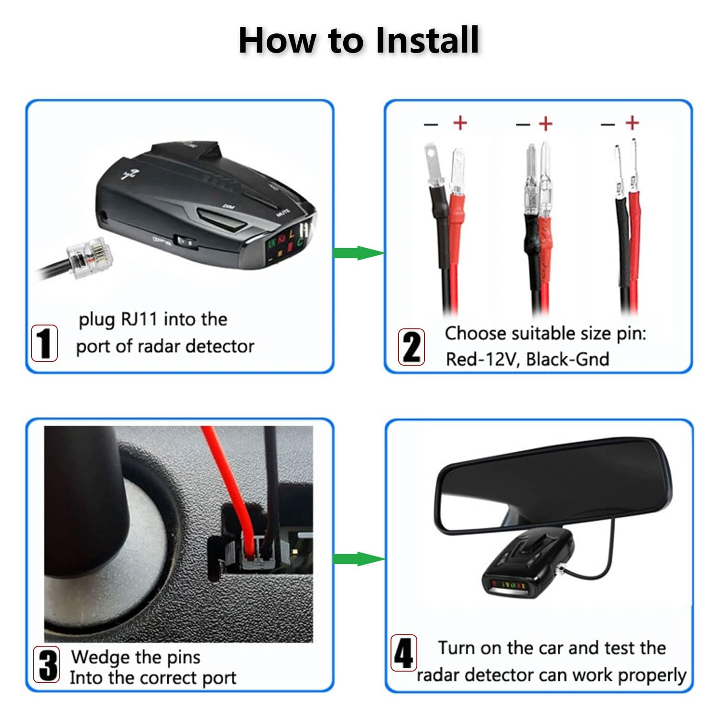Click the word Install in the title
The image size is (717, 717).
(x=427, y=40)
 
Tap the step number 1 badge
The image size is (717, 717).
(x=44, y=343)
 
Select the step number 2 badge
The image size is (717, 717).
(x=412, y=347)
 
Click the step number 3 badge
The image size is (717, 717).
(x=46, y=664)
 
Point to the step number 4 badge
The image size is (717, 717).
(x=404, y=653)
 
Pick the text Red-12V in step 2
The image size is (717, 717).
(x=480, y=359)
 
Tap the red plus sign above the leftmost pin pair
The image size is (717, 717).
(x=460, y=123)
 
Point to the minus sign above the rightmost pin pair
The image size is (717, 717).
(x=608, y=125)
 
